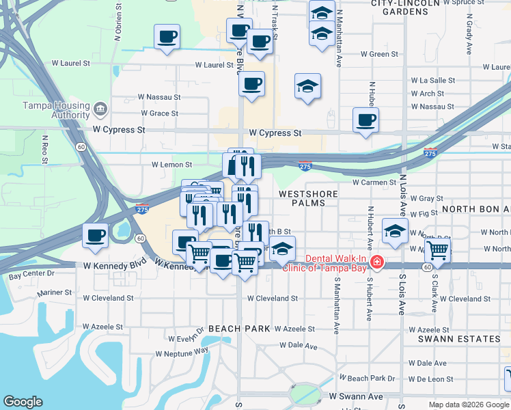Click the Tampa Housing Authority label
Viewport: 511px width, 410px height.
click(57, 109)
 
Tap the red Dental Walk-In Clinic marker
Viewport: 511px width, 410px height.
click(376, 262)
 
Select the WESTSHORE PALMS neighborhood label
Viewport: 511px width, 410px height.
click(309, 198)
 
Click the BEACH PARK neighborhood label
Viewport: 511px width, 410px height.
click(239, 329)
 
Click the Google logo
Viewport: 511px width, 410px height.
click(23, 402)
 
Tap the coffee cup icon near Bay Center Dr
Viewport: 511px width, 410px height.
click(95, 235)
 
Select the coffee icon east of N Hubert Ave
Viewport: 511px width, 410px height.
click(366, 120)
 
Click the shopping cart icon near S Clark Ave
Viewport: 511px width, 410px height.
click(437, 249)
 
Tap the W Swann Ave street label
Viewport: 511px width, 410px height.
click(356, 396)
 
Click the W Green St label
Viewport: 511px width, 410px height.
click(379, 54)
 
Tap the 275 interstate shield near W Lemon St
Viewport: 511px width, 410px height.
click(305, 166)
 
